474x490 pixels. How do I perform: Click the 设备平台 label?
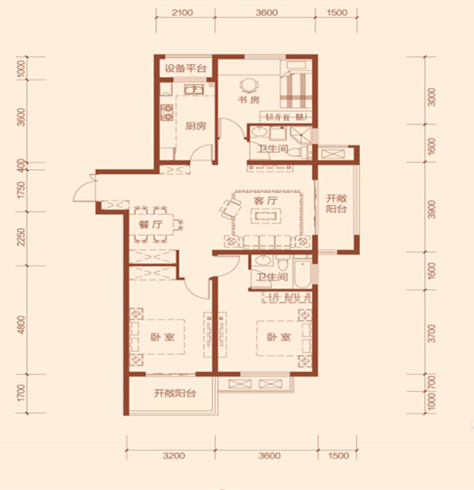tap(186, 67)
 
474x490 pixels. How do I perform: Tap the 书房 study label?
tap(249, 100)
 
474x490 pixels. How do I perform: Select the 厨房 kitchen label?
tap(195, 126)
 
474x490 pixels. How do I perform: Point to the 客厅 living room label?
tap(265, 201)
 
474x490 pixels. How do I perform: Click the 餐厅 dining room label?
tap(151, 224)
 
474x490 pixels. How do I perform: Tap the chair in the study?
tap(249, 85)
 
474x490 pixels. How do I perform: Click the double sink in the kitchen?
tap(194, 89)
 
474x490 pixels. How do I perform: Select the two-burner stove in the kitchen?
tap(166, 112)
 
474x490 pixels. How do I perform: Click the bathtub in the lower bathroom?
tap(302, 273)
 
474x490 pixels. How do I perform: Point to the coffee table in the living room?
tap(265, 217)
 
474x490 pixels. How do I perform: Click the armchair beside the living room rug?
tap(230, 208)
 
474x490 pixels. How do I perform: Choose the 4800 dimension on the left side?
tap(21, 325)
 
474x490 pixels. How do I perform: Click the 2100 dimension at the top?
tap(182, 13)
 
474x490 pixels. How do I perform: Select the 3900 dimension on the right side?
tap(432, 209)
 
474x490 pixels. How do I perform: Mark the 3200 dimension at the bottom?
tap(174, 456)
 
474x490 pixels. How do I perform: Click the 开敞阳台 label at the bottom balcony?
tap(175, 393)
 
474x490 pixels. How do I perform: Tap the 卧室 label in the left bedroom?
tap(162, 337)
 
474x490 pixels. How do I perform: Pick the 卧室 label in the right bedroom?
tap(279, 337)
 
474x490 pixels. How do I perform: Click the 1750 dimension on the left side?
tap(21, 190)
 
